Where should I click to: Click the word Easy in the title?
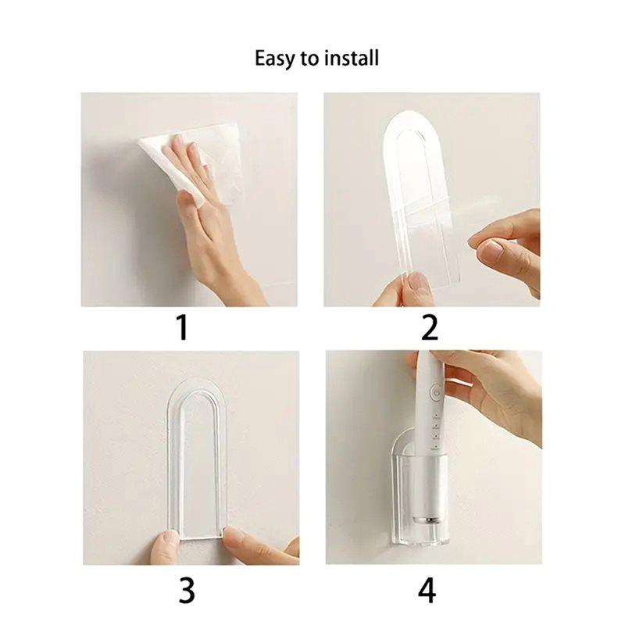(x=273, y=59)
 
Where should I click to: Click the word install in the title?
(x=351, y=59)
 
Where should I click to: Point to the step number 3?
(x=187, y=590)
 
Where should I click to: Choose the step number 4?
(x=427, y=590)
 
